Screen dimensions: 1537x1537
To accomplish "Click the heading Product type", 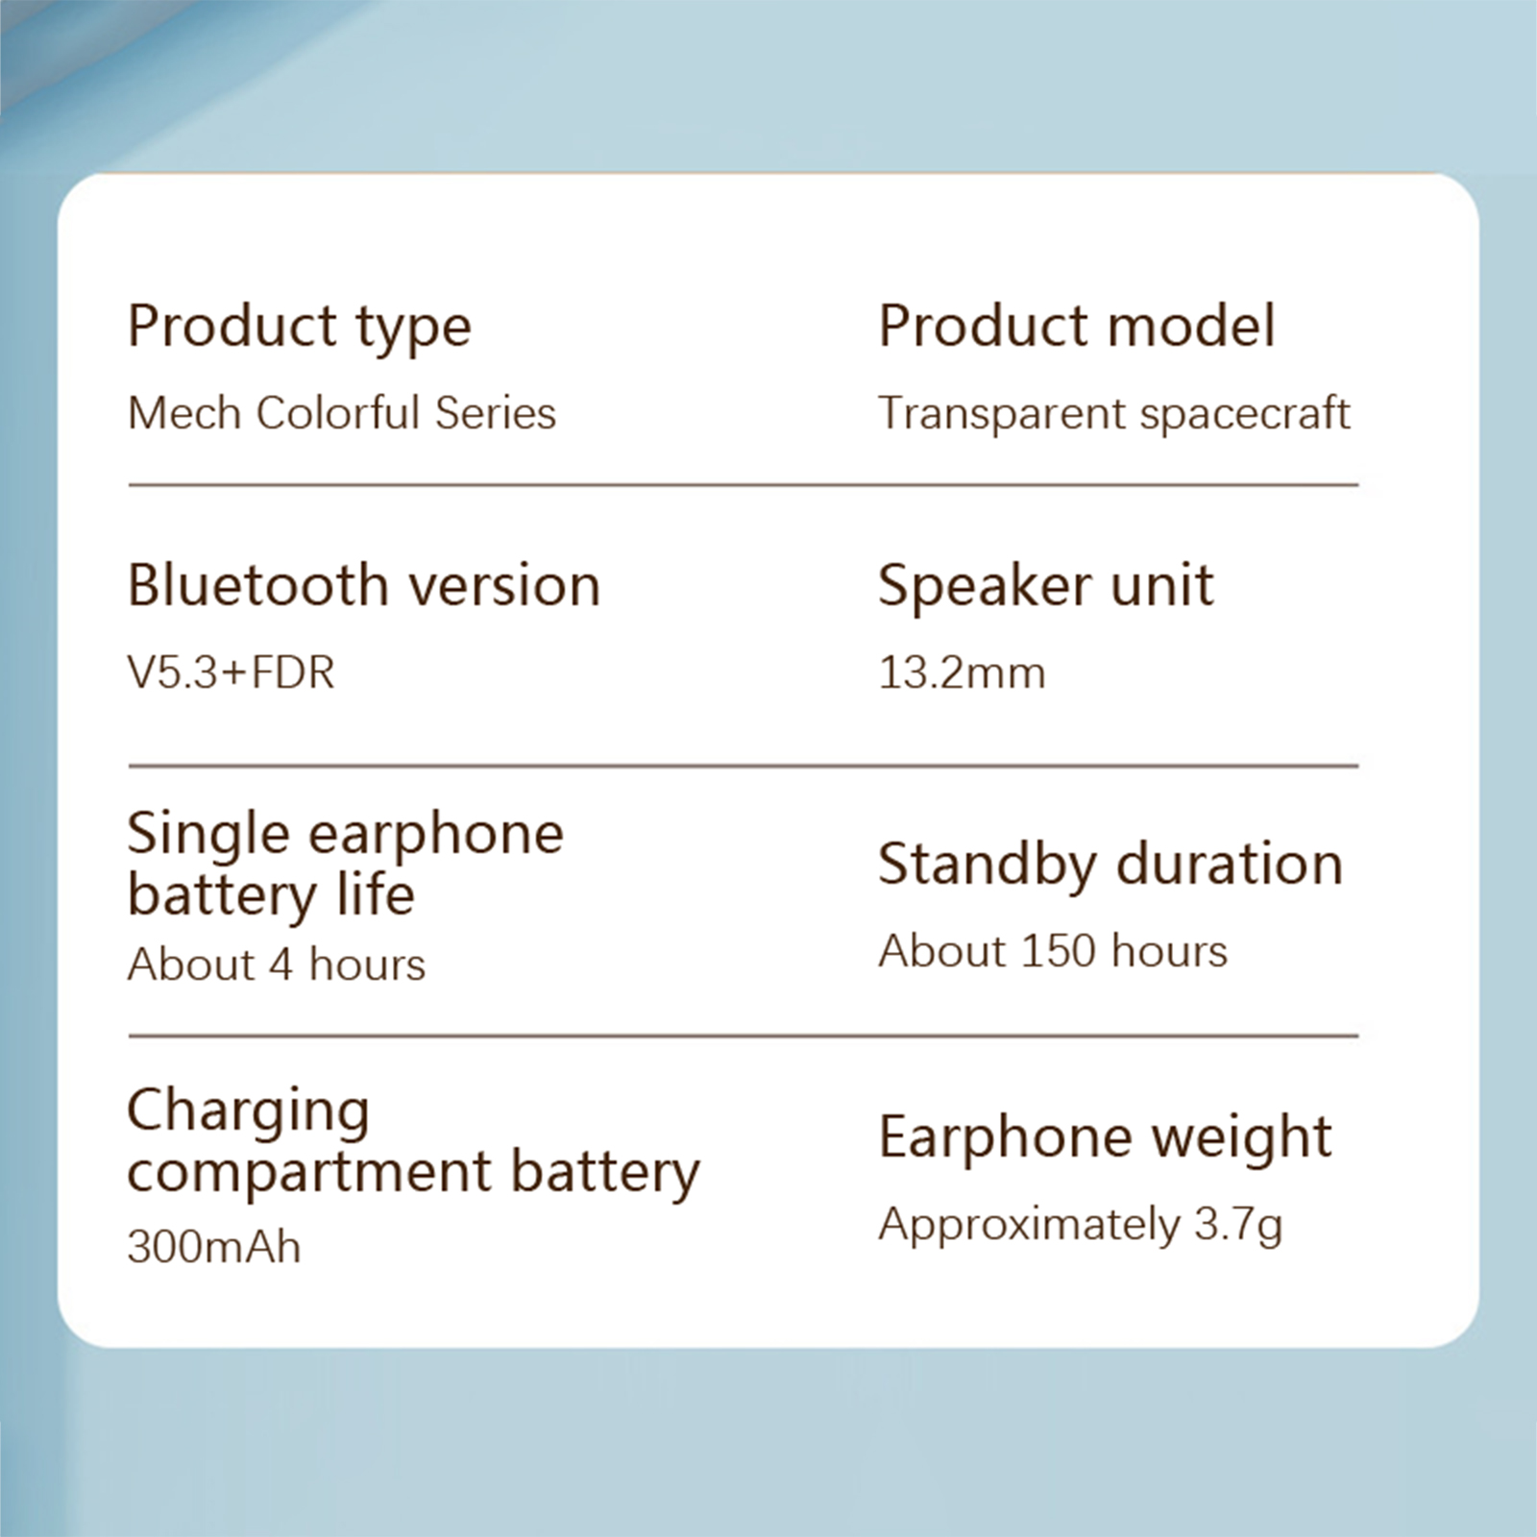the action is tap(300, 327).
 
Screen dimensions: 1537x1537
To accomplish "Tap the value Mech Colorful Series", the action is tap(342, 413).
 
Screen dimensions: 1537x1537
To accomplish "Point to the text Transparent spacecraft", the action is tap(1114, 414).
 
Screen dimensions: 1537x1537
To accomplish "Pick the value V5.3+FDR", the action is tap(232, 672).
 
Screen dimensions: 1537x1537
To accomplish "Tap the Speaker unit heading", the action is tap(1046, 586).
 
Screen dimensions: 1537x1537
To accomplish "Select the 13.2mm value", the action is tap(962, 672).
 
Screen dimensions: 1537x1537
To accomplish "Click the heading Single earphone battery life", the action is tap(346, 865).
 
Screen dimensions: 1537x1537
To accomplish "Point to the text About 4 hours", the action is tap(277, 964).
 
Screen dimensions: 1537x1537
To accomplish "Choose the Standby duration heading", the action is tap(1110, 865).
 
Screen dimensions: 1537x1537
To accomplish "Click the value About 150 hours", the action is tap(1053, 951).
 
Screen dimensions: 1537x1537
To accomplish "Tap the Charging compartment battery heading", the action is tap(414, 1143).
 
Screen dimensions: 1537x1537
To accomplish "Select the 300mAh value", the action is tap(214, 1247).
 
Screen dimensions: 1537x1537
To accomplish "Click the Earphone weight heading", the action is tap(1105, 1138).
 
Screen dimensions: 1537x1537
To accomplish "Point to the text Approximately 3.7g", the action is tap(1081, 1225).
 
